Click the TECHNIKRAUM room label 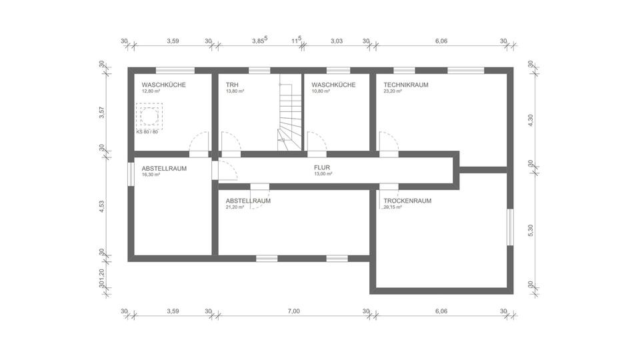[x=405, y=85]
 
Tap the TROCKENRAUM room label [x=407, y=201]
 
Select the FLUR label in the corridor [x=323, y=168]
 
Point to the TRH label [x=232, y=85]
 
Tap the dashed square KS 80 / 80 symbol [x=148, y=115]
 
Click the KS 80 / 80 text [x=147, y=131]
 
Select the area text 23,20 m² [x=393, y=91]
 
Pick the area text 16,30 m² [x=151, y=175]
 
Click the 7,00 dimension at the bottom [x=294, y=311]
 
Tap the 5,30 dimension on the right [x=531, y=228]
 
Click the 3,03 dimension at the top [x=337, y=41]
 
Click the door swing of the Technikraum [x=387, y=141]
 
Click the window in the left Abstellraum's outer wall [x=130, y=175]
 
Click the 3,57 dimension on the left [x=102, y=113]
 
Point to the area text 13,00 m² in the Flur [x=323, y=174]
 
